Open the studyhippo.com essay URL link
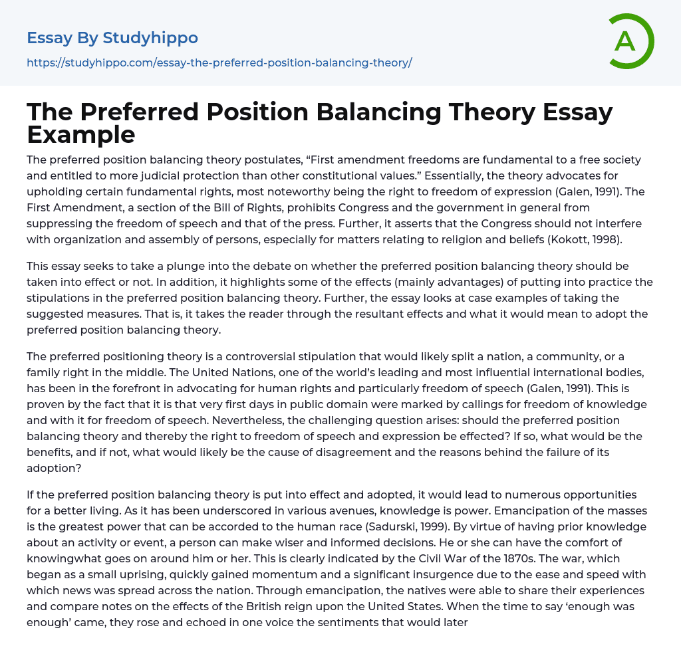click(x=219, y=62)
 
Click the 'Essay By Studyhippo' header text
click(x=112, y=38)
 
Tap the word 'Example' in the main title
click(x=81, y=134)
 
